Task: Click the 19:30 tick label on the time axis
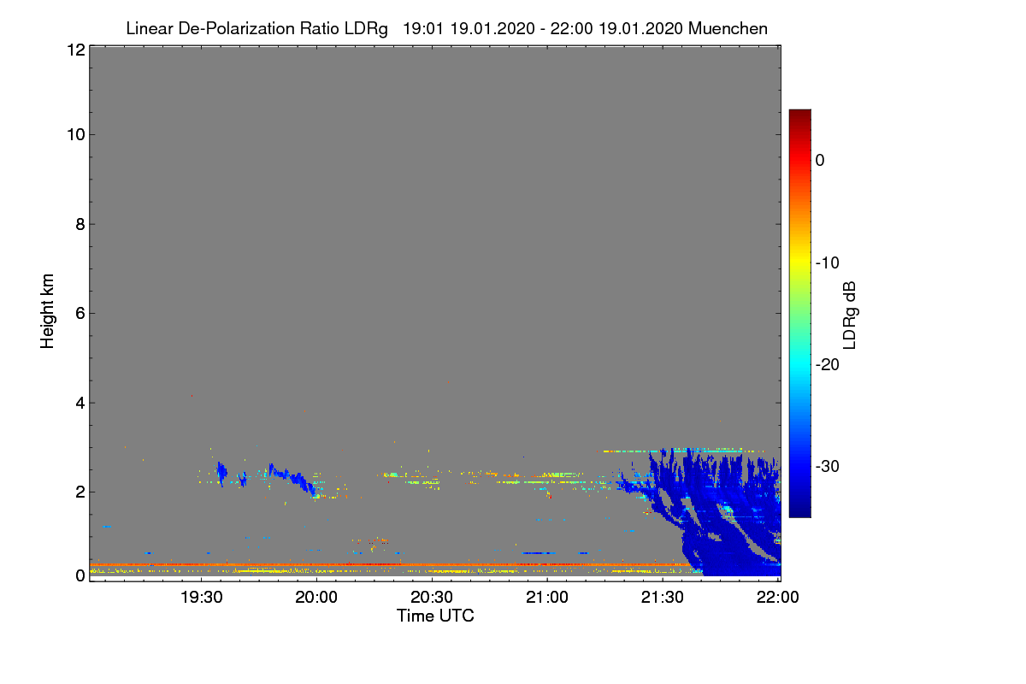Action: pyautogui.click(x=201, y=597)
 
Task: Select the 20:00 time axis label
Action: pyautogui.click(x=316, y=597)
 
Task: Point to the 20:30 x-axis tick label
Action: pyautogui.click(x=432, y=597)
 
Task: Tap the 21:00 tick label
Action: pyautogui.click(x=547, y=597)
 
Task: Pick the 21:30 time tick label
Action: pyautogui.click(x=663, y=597)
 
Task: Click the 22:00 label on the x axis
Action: pyautogui.click(x=778, y=597)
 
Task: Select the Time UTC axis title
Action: pyautogui.click(x=435, y=616)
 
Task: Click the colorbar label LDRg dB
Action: pyautogui.click(x=850, y=315)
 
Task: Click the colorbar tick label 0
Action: pyautogui.click(x=820, y=160)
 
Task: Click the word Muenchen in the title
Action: pyautogui.click(x=728, y=28)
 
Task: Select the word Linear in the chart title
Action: pyautogui.click(x=150, y=28)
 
